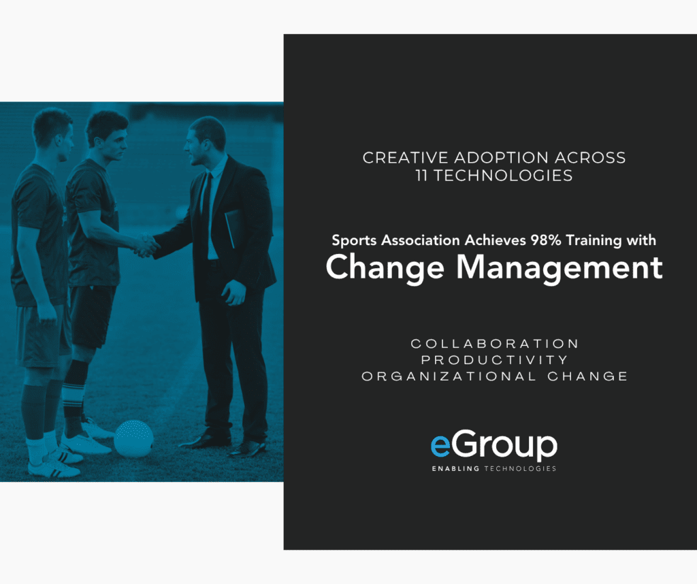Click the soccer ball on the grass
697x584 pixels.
(x=134, y=438)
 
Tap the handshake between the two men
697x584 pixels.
(x=146, y=245)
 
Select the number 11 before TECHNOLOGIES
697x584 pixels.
(x=421, y=176)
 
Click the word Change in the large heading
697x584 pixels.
(x=385, y=267)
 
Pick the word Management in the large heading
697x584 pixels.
(x=560, y=267)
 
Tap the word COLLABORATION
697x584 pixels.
(x=494, y=344)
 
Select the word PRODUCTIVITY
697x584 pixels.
(x=494, y=359)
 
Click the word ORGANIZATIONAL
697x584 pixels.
(x=449, y=376)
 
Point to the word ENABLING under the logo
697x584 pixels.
(x=455, y=468)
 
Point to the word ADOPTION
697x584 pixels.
(x=502, y=158)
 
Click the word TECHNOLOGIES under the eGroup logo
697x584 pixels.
(x=519, y=468)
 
